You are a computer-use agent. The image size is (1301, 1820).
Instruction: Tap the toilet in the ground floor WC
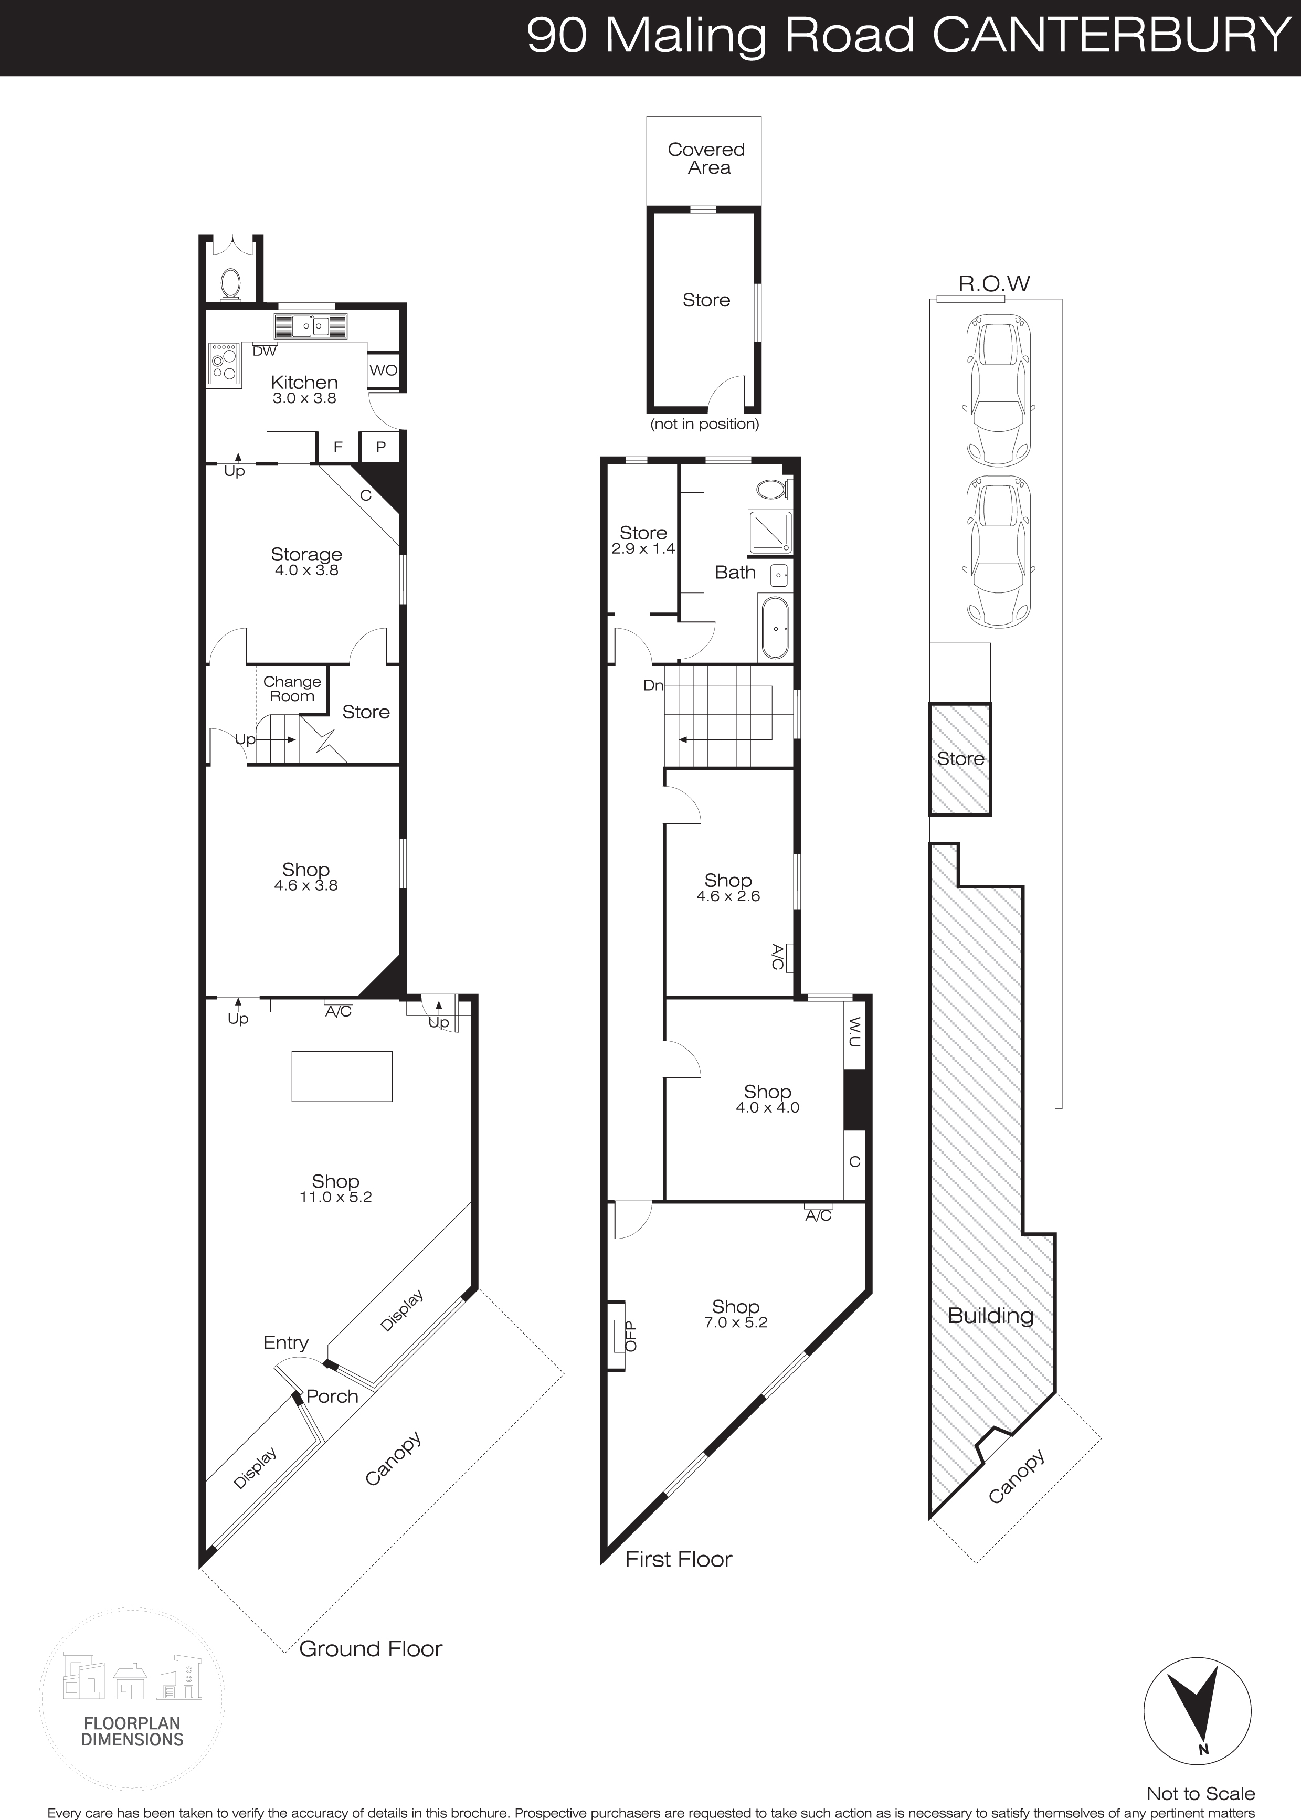[231, 283]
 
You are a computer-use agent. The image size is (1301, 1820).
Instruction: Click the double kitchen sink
[311, 326]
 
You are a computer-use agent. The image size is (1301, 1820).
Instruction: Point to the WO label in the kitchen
[383, 370]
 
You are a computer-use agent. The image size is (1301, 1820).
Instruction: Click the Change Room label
[292, 689]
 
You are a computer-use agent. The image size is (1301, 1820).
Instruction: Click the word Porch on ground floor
[332, 1396]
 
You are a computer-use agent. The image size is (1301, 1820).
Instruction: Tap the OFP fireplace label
[630, 1336]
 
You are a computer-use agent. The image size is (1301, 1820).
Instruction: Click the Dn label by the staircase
[653, 686]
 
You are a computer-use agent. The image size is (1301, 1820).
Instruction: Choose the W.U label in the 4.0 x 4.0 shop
[855, 1032]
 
